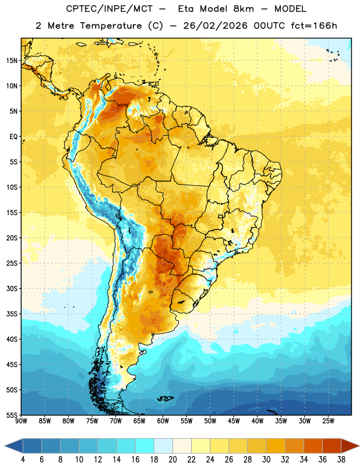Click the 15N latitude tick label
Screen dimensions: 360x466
12,61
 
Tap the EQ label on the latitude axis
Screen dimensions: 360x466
13,137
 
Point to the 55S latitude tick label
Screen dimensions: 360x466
12,415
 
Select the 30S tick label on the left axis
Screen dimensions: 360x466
12,288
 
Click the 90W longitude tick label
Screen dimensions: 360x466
21,421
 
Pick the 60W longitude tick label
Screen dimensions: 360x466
163,421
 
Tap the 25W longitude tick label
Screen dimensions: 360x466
328,421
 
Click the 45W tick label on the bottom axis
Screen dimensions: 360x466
234,421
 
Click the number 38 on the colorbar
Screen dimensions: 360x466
341,460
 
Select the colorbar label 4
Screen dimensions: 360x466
23,460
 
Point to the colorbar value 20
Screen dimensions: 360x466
172,460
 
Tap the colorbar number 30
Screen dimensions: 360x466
266,460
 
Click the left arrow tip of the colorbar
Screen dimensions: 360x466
5,446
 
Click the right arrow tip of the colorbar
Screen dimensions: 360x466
359,446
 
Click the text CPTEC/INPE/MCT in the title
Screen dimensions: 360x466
110,9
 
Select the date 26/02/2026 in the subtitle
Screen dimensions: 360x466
215,26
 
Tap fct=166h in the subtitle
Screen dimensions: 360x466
314,26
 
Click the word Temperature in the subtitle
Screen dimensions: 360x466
111,26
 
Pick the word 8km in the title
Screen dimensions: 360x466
243,9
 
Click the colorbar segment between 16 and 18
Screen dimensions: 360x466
144,446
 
